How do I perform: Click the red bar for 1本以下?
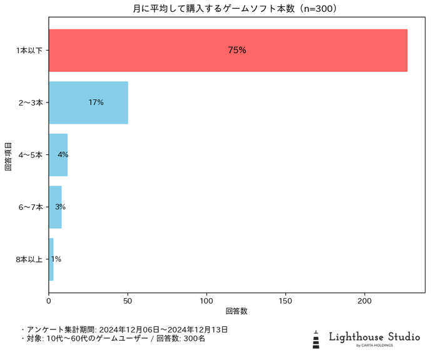(x=228, y=51)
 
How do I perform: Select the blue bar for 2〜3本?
(x=88, y=102)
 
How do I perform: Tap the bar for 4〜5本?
(x=58, y=155)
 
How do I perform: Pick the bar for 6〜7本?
(x=55, y=207)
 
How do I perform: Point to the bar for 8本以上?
(x=51, y=259)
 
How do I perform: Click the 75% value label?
(x=237, y=51)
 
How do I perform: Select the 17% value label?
(x=96, y=102)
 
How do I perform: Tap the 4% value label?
(x=63, y=155)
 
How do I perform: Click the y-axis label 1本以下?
(x=29, y=51)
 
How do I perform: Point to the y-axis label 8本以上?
(x=29, y=259)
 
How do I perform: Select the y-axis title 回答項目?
(x=8, y=155)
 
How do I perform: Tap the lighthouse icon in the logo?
(x=316, y=339)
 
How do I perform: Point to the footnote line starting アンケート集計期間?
(x=125, y=329)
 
